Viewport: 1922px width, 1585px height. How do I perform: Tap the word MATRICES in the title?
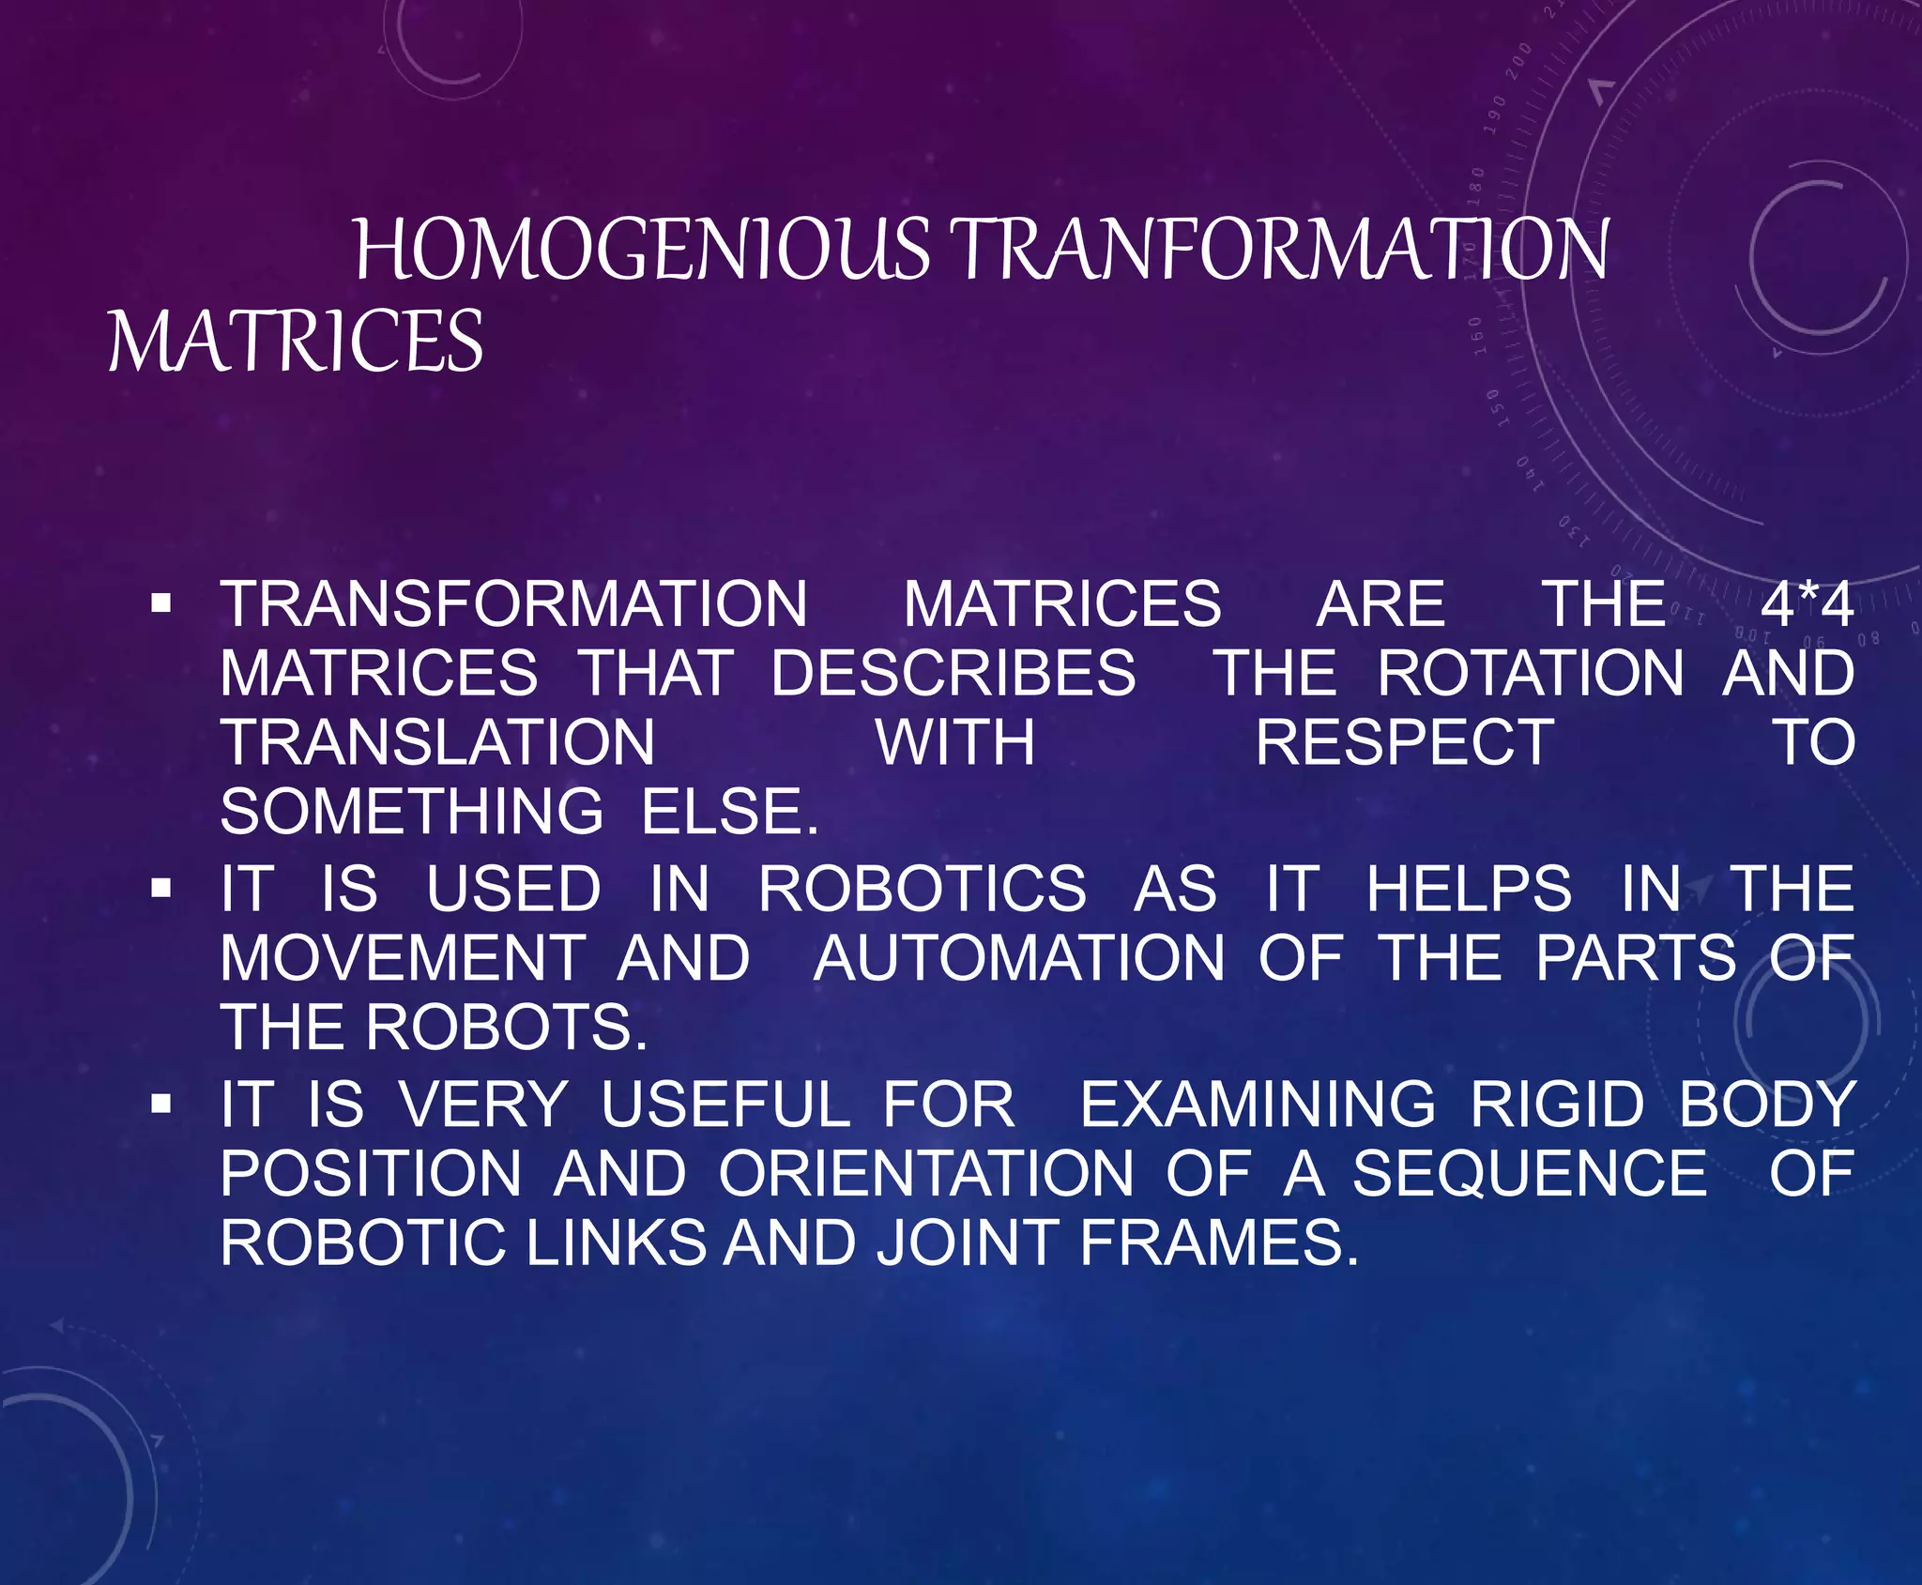click(296, 341)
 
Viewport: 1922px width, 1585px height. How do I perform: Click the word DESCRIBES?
click(953, 673)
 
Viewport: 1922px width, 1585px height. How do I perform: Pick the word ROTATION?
click(1531, 673)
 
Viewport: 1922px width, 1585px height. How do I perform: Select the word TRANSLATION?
click(438, 742)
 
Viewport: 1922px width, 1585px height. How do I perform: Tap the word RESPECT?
click(1405, 742)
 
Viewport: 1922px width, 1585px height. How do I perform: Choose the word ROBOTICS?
click(923, 889)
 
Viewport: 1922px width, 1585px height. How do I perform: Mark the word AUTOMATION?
click(1019, 958)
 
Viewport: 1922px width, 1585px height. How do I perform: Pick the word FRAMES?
click(1218, 1242)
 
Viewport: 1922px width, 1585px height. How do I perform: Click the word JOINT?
click(968, 1242)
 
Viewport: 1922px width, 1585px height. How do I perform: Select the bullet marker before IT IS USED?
click(161, 889)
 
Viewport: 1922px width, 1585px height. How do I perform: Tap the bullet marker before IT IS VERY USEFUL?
click(161, 1105)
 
